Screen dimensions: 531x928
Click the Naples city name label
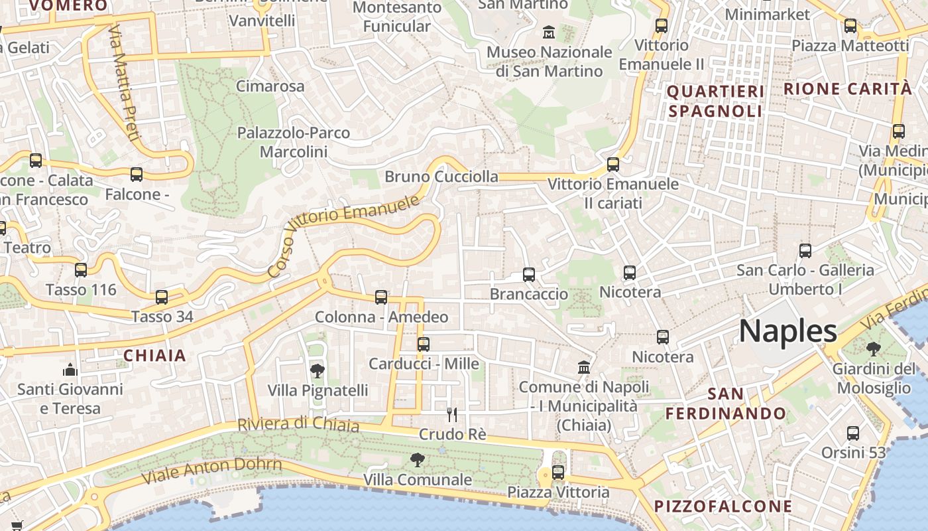(788, 331)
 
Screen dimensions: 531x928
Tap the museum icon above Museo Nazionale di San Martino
(549, 31)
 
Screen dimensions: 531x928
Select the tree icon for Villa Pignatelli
(318, 370)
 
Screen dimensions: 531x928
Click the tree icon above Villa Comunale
(417, 459)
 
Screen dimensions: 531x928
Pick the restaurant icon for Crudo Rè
(452, 415)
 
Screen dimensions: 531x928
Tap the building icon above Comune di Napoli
(584, 367)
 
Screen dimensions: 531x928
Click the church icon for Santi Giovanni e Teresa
(70, 370)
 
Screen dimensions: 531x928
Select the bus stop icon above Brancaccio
(528, 274)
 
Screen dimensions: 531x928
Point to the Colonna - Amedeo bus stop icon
(381, 297)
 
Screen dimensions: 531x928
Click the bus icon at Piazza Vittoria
(558, 472)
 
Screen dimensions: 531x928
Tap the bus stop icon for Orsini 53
(853, 433)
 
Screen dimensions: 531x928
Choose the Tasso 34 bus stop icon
(162, 297)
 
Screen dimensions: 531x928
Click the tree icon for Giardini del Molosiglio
(873, 349)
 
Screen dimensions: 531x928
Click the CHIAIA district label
(155, 356)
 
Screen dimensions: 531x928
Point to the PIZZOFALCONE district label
(723, 506)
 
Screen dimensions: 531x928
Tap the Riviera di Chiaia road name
(298, 424)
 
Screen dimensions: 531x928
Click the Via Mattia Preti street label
(124, 83)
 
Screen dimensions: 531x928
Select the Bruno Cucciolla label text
(441, 177)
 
